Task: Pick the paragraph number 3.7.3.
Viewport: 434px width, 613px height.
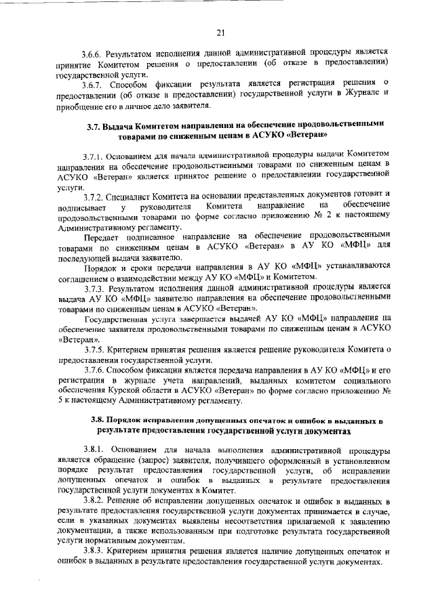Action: click(94, 289)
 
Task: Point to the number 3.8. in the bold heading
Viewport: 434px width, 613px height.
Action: click(98, 419)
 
